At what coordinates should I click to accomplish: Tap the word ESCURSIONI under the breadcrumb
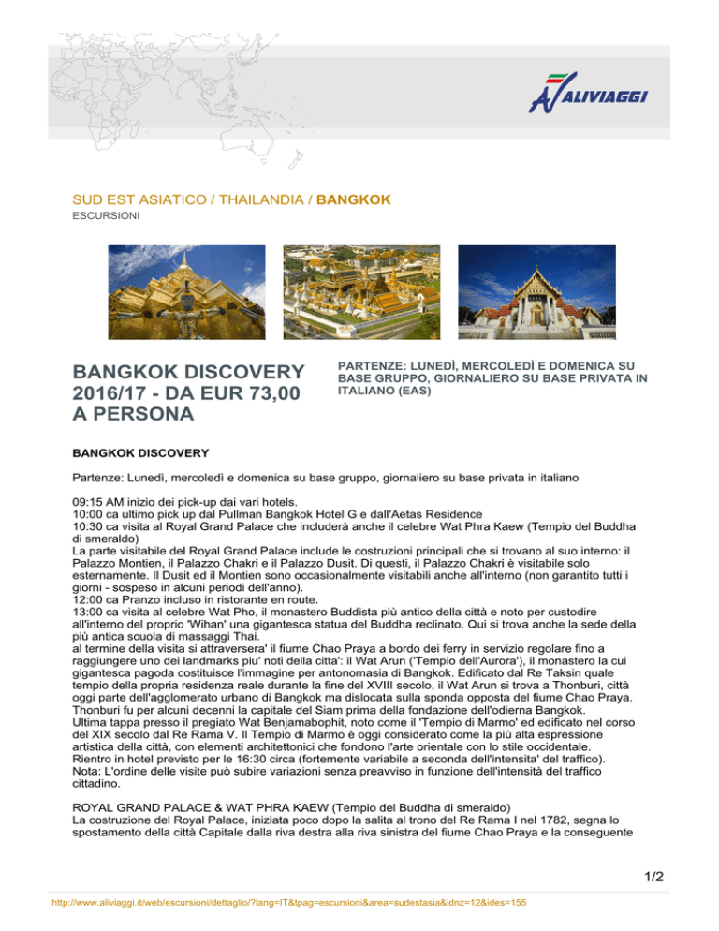point(100,214)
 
